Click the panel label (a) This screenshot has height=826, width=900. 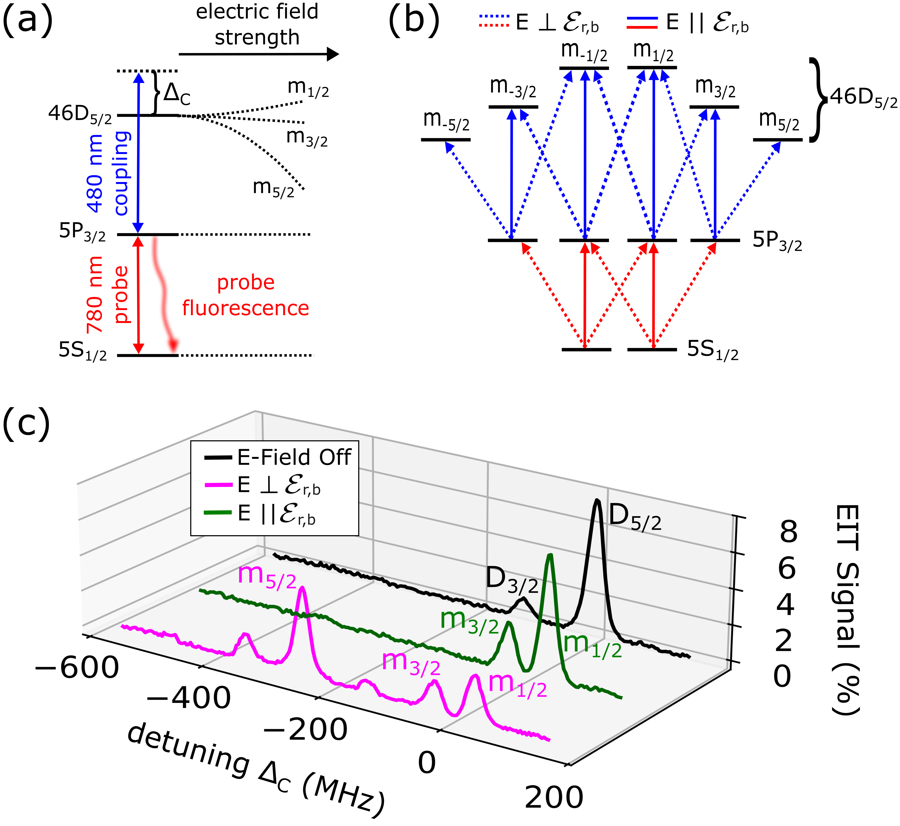click(x=28, y=20)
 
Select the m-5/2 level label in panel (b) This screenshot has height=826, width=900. click(x=446, y=121)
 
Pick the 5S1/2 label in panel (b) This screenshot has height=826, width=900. click(x=712, y=350)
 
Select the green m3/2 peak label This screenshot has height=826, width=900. click(x=469, y=621)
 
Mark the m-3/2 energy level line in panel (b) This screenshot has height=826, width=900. click(x=513, y=107)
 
